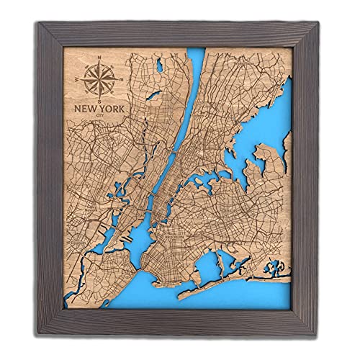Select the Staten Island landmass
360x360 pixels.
pyautogui.click(x=108, y=274)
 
